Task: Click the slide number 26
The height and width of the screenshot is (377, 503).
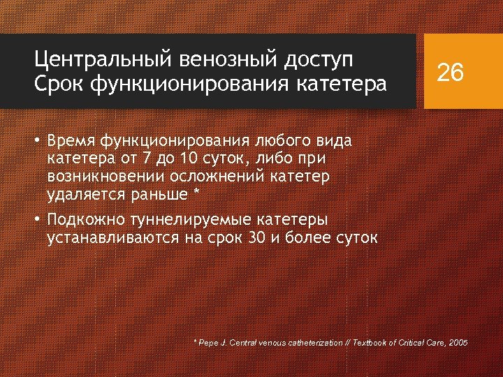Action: coord(451,71)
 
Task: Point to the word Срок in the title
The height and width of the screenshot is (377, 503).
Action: coord(59,84)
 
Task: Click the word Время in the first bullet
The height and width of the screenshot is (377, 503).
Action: coord(72,142)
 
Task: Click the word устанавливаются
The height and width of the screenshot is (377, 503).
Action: coord(111,238)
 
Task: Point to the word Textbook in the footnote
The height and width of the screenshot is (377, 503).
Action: coord(370,343)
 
